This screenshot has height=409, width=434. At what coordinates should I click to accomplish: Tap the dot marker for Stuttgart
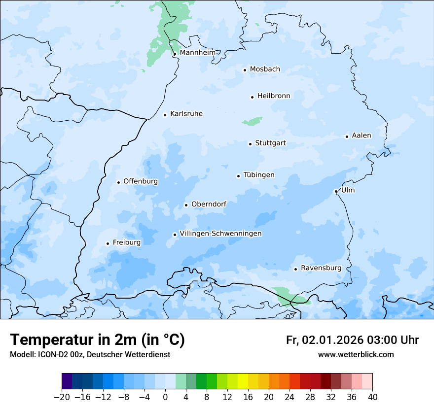tap(250, 144)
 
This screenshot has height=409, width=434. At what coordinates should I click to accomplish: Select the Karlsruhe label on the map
tap(186, 114)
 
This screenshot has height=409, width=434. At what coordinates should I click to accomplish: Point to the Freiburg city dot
tap(108, 243)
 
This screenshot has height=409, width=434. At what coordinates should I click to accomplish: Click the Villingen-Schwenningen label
tap(220, 234)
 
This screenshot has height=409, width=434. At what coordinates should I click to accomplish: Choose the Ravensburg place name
tap(321, 268)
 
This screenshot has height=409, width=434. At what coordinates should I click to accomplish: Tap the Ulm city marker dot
tap(336, 191)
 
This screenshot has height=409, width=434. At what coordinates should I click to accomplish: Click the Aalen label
tap(361, 136)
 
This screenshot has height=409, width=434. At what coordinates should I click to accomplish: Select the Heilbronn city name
tap(274, 96)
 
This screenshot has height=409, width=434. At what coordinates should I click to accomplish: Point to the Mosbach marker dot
tap(245, 70)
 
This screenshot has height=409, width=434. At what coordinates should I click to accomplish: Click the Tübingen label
tap(259, 175)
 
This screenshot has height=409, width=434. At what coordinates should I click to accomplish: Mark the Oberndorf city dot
tap(186, 205)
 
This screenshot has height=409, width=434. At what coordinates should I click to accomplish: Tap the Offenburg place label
tap(141, 181)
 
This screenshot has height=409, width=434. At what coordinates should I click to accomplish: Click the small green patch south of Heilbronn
tap(253, 121)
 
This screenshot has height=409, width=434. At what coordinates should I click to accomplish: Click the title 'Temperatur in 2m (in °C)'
tap(97, 340)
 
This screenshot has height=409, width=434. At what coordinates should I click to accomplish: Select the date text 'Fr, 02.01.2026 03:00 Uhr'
tap(352, 340)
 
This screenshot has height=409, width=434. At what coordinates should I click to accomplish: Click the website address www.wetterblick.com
tap(356, 355)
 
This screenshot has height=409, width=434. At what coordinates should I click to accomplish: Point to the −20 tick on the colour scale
tap(62, 397)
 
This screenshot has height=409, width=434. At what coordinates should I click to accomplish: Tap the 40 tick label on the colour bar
tap(372, 397)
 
